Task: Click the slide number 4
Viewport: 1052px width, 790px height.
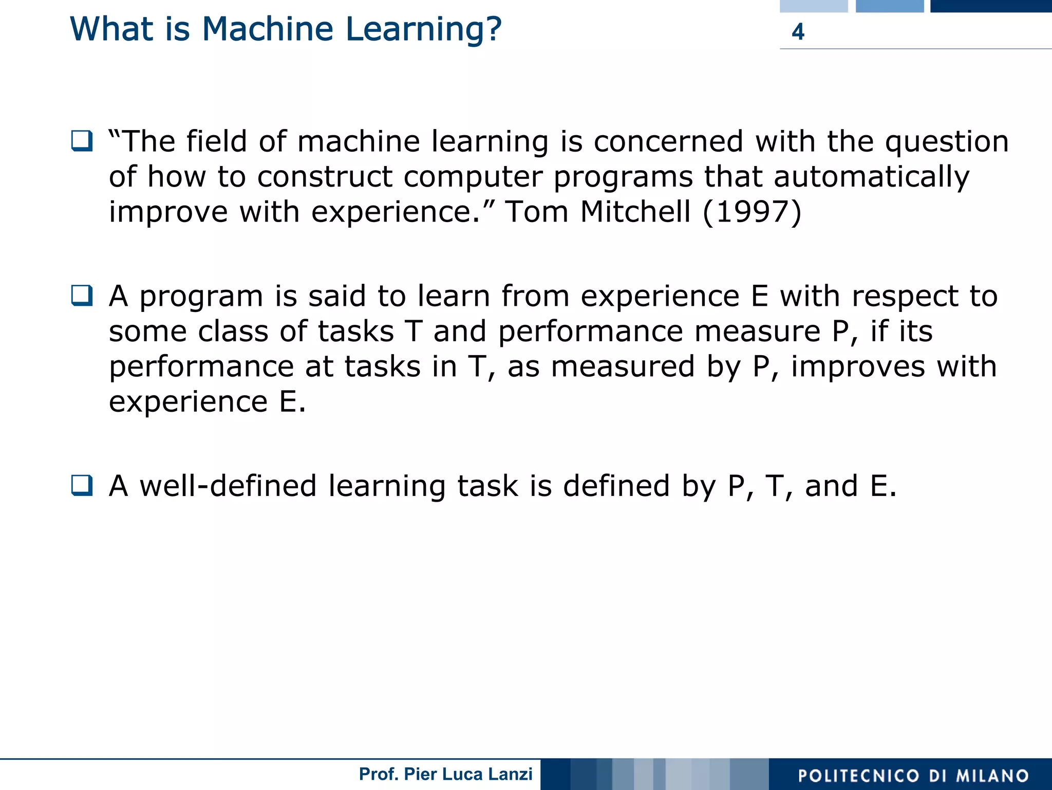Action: coord(798,32)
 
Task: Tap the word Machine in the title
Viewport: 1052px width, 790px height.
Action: coord(268,29)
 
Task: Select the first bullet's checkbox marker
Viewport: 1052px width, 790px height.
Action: coord(82,141)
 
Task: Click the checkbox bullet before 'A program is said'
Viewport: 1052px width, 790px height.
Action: coord(82,296)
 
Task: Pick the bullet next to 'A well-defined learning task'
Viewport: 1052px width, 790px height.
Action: coord(82,485)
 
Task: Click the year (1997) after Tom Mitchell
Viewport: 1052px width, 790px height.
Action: coord(752,212)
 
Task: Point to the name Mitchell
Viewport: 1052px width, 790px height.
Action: coord(635,212)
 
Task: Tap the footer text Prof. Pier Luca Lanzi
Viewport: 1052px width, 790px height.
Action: coord(445,774)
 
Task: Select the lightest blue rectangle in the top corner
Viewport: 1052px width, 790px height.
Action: coord(813,6)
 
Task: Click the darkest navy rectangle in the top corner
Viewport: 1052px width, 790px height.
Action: coord(990,6)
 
